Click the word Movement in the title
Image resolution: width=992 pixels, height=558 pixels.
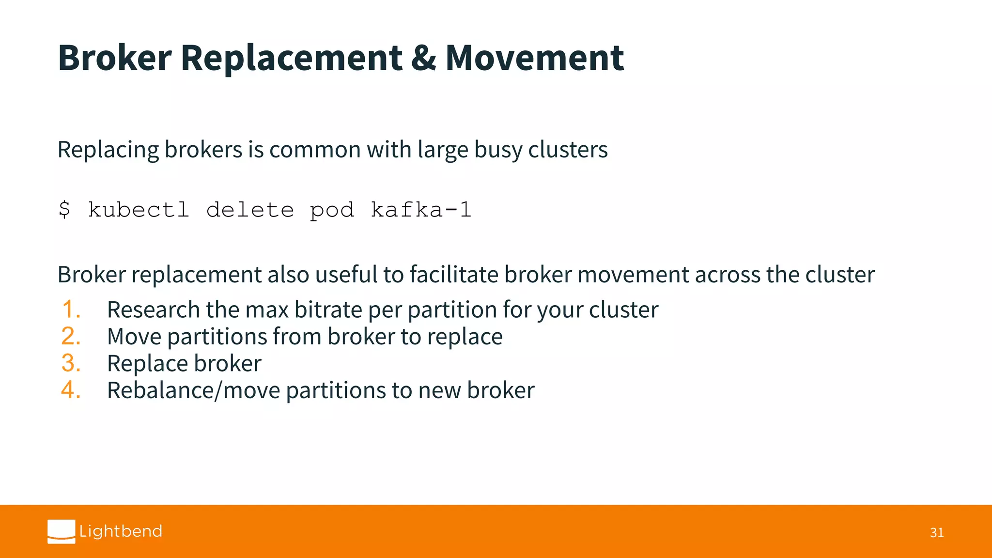click(534, 58)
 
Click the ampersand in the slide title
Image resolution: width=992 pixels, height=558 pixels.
click(423, 59)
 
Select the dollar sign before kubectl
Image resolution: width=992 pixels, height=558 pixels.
click(64, 210)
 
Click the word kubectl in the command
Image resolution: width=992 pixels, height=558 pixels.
click(139, 210)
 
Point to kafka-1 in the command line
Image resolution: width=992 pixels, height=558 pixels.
click(421, 210)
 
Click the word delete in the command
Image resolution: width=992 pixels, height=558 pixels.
click(250, 210)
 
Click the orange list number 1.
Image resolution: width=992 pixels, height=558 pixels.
click(71, 310)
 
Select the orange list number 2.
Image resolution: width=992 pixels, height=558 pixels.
click(71, 336)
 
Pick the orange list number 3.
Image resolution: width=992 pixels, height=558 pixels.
click(71, 363)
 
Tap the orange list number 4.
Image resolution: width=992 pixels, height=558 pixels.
click(71, 390)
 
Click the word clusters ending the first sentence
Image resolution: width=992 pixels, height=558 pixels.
click(568, 149)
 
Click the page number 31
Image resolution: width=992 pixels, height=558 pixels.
click(936, 533)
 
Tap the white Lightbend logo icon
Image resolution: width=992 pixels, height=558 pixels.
click(62, 531)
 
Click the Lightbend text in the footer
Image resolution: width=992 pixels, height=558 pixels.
click(121, 531)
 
